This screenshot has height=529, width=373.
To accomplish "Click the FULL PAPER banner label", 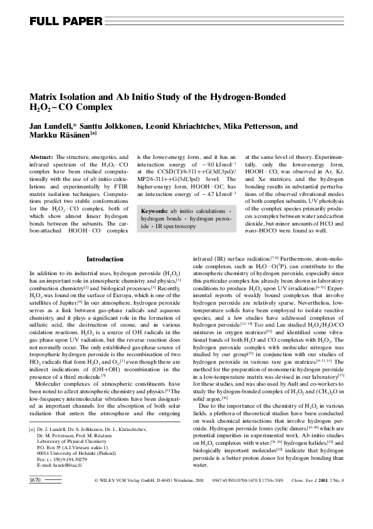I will point(66,22).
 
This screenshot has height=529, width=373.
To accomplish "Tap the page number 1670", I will point(36,515).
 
